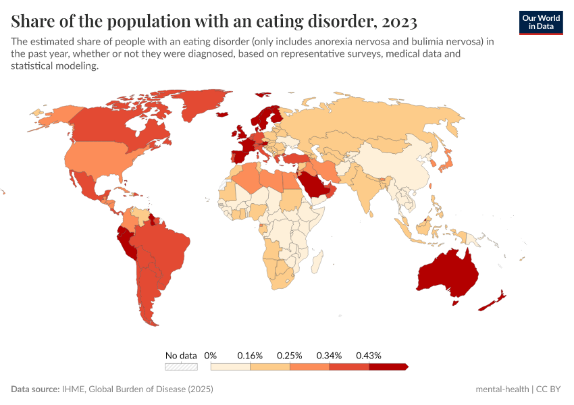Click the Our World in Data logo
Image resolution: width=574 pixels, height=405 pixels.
pyautogui.click(x=540, y=22)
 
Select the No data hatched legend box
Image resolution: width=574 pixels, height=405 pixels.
pyautogui.click(x=181, y=367)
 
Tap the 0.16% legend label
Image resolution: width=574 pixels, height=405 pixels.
pyautogui.click(x=250, y=355)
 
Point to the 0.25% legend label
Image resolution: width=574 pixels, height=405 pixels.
pyautogui.click(x=290, y=355)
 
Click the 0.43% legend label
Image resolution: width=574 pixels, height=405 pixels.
pyautogui.click(x=369, y=355)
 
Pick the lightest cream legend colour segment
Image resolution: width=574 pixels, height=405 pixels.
pyautogui.click(x=230, y=367)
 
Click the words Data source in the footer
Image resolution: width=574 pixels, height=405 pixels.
pyautogui.click(x=35, y=389)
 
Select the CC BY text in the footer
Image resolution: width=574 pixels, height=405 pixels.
pyautogui.click(x=550, y=389)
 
